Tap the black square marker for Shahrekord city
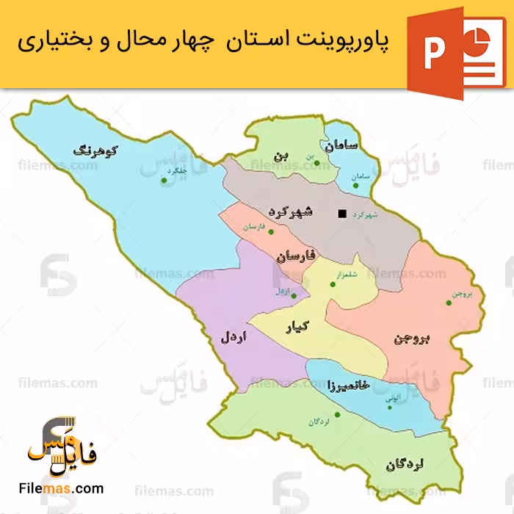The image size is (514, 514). coord(341,214)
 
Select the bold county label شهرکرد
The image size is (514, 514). coord(292,212)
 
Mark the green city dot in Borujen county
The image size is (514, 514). coord(449,302)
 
